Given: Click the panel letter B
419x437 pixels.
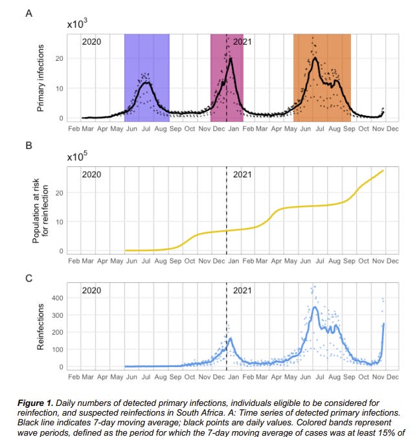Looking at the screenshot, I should pyautogui.click(x=28, y=145).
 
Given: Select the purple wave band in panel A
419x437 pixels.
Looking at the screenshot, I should pyautogui.click(x=146, y=78).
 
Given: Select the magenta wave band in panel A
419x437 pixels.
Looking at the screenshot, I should pyautogui.click(x=227, y=78).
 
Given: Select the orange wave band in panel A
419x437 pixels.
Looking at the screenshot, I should pyautogui.click(x=322, y=78).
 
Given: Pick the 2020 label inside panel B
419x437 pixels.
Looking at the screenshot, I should pyautogui.click(x=91, y=174).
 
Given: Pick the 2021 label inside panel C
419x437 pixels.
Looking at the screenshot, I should pyautogui.click(x=242, y=291).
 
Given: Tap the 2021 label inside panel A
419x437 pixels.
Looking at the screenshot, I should pyautogui.click(x=242, y=41).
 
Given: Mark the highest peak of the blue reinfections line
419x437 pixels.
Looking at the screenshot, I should pyautogui.click(x=315, y=307).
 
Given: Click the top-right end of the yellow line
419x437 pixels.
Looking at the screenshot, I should pyautogui.click(x=384, y=170).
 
